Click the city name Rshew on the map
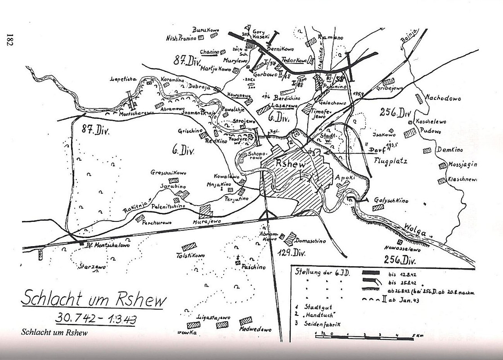tap(292, 165)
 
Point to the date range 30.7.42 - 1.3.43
tap(96, 318)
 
